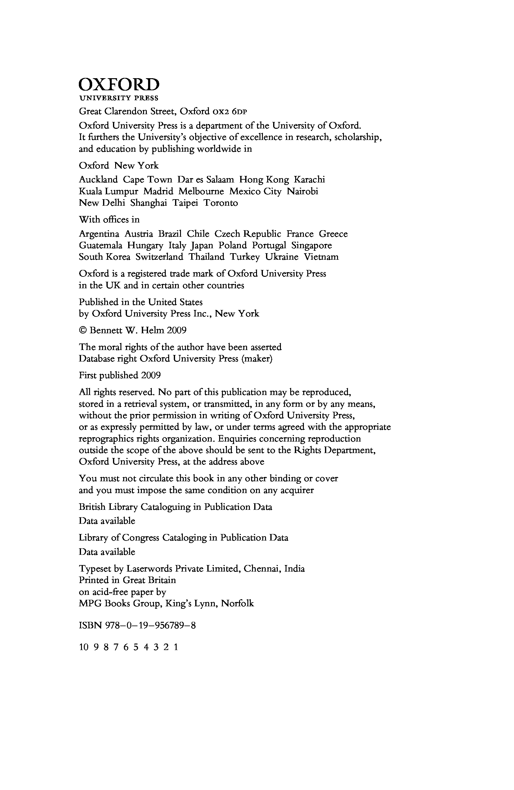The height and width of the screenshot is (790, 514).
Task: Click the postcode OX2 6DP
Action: click(x=229, y=112)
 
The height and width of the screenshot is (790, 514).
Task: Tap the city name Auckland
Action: click(x=98, y=180)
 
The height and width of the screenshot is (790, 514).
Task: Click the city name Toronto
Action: click(x=220, y=203)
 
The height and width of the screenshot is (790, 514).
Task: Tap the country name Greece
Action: click(x=333, y=234)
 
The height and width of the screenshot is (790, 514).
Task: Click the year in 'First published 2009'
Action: click(x=151, y=375)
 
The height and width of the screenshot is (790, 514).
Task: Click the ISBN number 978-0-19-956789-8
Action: click(x=151, y=626)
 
